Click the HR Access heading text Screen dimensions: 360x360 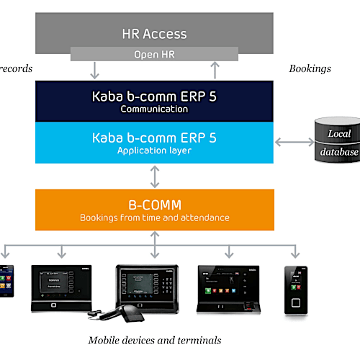click(154, 33)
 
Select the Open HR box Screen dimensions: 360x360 click(154, 54)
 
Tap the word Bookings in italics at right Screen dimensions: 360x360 click(310, 68)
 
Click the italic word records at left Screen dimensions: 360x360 click(16, 68)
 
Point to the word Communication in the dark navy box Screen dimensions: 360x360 click(154, 109)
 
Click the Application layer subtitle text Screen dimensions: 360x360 click(154, 150)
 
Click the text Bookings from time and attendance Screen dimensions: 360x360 click(154, 217)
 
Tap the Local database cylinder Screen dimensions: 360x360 click(338, 142)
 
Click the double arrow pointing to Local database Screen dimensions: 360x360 click(295, 142)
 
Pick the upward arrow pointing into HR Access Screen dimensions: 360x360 click(214, 71)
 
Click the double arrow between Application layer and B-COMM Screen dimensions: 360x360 click(154, 176)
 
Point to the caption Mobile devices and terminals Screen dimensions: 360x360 click(154, 340)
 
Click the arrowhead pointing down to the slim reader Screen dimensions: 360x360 click(294, 254)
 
